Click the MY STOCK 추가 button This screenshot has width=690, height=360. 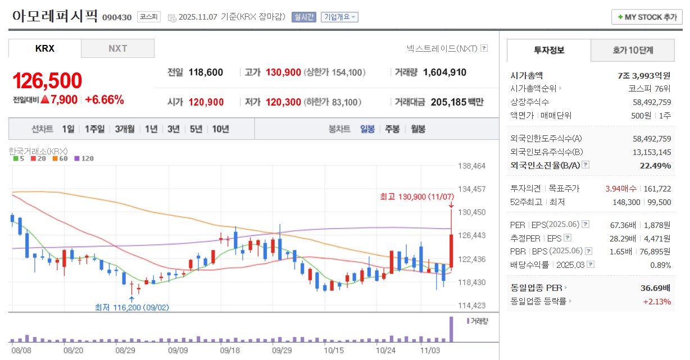point(647,17)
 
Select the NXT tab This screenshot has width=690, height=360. point(117,48)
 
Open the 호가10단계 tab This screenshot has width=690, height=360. point(633,51)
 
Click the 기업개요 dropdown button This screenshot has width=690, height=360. point(339,17)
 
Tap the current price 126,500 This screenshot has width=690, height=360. point(47,81)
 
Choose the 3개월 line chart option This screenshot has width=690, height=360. point(125,129)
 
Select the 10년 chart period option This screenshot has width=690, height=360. point(220,129)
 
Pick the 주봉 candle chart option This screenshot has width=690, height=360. point(392,129)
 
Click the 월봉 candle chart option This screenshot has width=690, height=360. point(418,129)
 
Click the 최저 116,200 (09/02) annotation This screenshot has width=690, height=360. point(131,307)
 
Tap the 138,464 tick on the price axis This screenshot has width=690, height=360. point(472,166)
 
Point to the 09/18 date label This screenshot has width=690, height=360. point(230,350)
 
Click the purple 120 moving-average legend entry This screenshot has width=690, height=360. point(84,158)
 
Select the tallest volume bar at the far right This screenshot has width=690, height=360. point(450,330)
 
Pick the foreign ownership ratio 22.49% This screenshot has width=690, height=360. point(655,165)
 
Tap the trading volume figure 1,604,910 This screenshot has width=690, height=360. point(444,72)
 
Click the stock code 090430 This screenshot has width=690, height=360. point(117,17)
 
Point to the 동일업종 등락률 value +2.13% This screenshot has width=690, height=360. point(657,301)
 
